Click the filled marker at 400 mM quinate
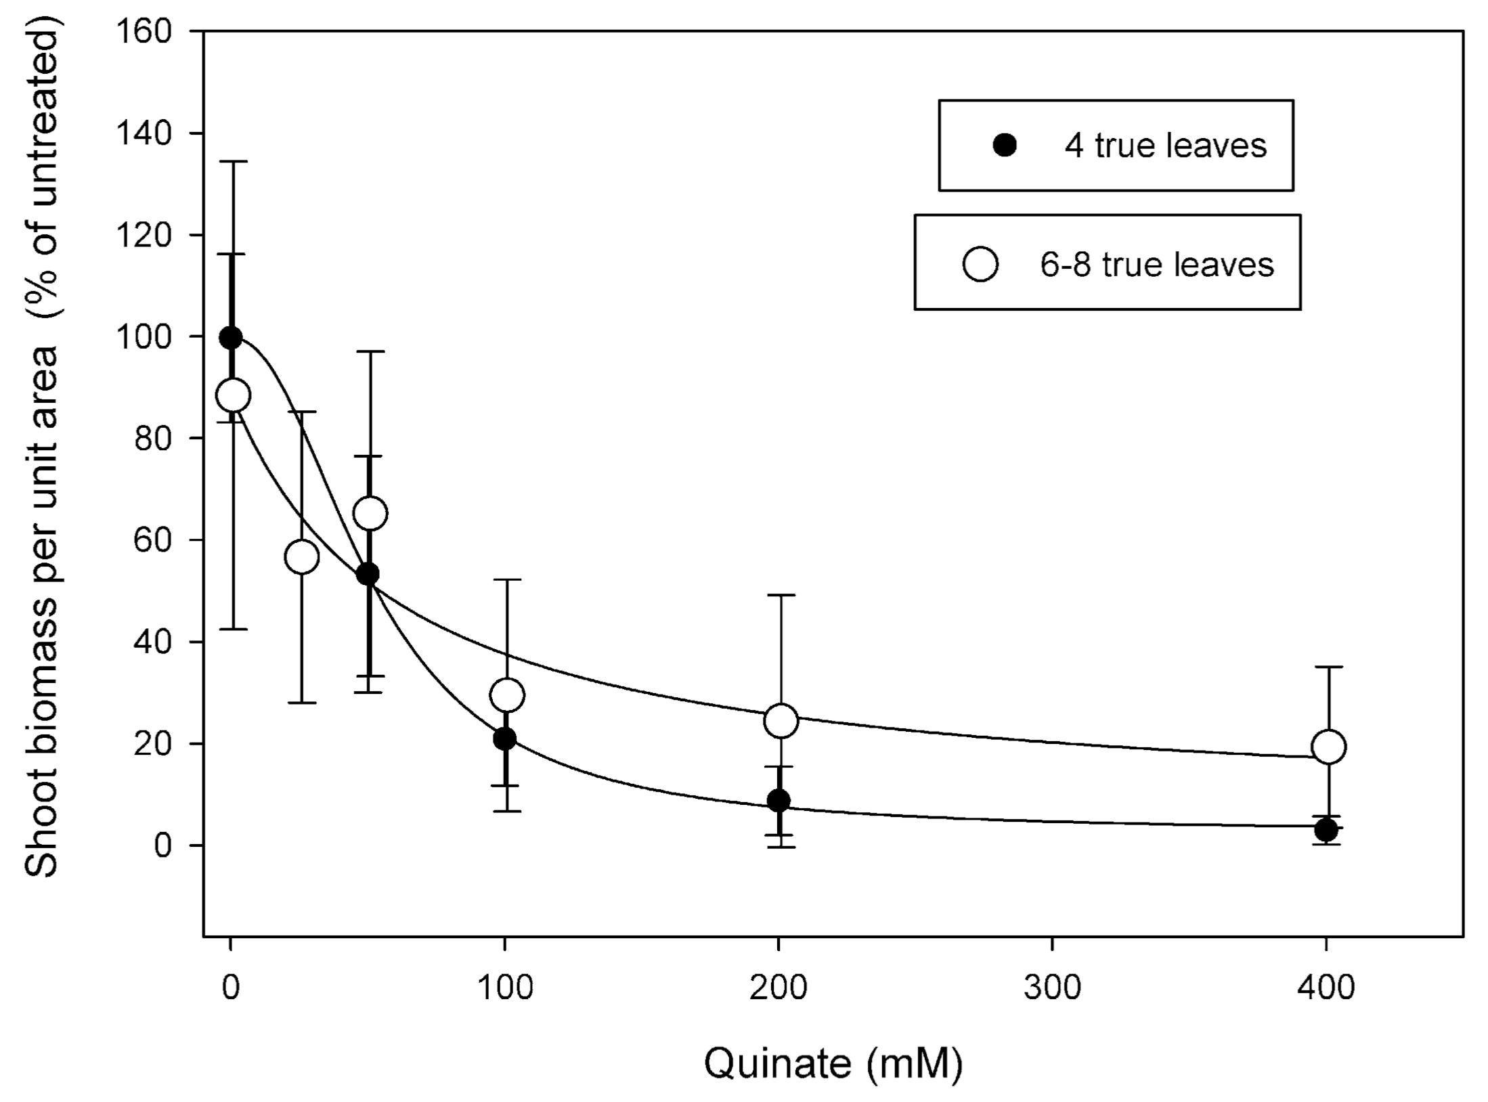pyautogui.click(x=1326, y=829)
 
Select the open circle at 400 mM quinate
pyautogui.click(x=1328, y=747)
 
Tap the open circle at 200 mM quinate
pyautogui.click(x=781, y=720)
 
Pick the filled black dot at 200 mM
pyautogui.click(x=779, y=801)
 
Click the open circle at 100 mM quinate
pyautogui.click(x=507, y=695)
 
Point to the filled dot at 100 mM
pyautogui.click(x=504, y=739)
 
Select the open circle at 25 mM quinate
pyautogui.click(x=302, y=556)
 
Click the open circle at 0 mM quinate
pyautogui.click(x=232, y=395)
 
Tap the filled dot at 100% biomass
pyautogui.click(x=231, y=337)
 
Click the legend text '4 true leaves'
pyautogui.click(x=1165, y=146)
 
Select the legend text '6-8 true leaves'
pyautogui.click(x=1157, y=264)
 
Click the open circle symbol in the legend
pyautogui.click(x=980, y=264)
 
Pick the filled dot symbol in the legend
pyautogui.click(x=1005, y=146)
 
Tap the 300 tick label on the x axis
pyautogui.click(x=1052, y=989)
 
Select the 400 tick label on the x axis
pyautogui.click(x=1326, y=989)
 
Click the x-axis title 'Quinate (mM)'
pyautogui.click(x=833, y=1063)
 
